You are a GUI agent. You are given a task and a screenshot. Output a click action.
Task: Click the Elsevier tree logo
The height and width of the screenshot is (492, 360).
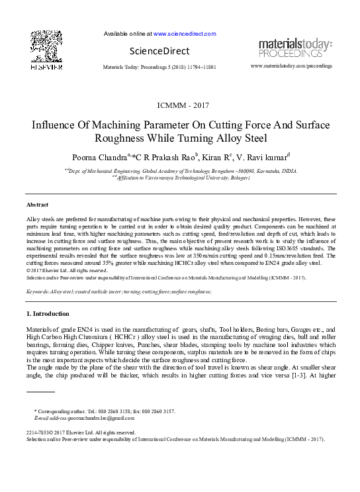click(46, 48)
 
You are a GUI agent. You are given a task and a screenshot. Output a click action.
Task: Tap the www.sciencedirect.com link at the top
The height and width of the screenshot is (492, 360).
click(185, 33)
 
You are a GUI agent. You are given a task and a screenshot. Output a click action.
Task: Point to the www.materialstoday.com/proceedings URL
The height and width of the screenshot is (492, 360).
click(291, 67)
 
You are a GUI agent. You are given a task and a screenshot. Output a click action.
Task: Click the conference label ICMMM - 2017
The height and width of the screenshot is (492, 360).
click(179, 105)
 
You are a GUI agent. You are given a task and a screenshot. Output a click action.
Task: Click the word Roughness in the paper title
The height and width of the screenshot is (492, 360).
click(121, 139)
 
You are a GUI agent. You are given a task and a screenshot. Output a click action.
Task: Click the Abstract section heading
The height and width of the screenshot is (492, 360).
click(37, 205)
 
